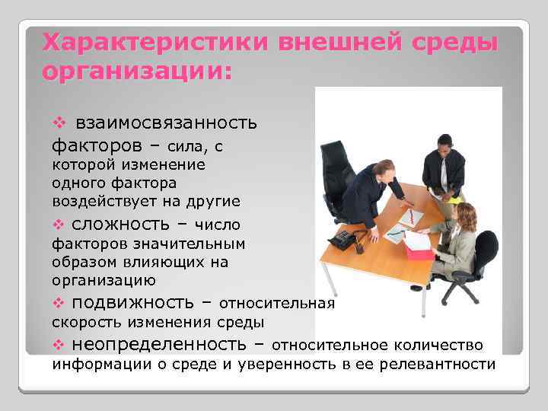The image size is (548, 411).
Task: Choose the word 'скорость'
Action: [84, 323]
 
